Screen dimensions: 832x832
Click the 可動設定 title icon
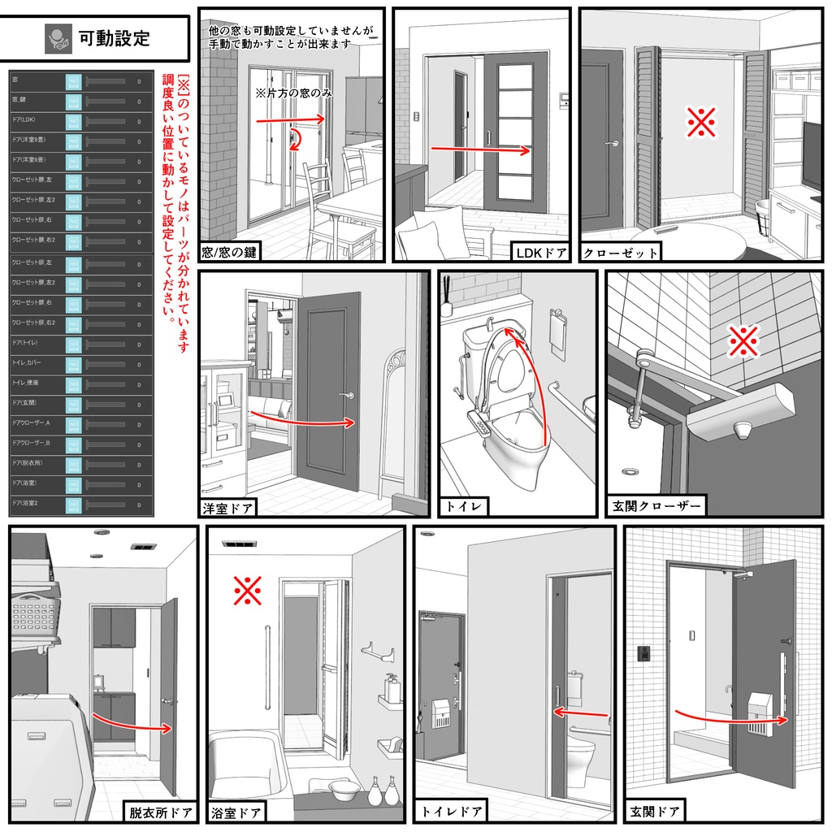(58, 38)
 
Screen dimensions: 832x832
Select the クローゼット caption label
(620, 253)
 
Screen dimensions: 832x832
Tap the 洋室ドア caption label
(228, 509)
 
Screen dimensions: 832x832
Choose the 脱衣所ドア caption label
(160, 811)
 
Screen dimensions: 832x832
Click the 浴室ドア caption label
(236, 811)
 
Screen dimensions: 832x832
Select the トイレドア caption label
(453, 811)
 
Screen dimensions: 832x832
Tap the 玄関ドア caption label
(655, 811)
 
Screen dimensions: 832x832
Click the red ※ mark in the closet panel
(700, 123)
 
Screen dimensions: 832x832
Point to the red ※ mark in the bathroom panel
(247, 591)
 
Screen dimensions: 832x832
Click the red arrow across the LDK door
(479, 149)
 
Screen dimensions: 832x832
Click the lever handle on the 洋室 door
(349, 396)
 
